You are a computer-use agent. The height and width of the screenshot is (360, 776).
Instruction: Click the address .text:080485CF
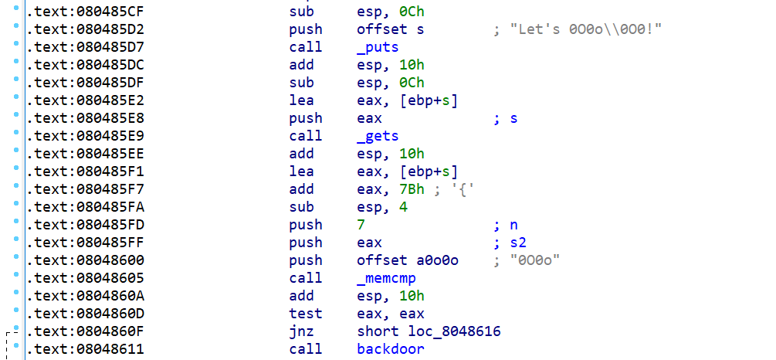click(x=85, y=12)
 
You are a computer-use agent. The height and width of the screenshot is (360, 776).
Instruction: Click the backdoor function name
click(x=390, y=349)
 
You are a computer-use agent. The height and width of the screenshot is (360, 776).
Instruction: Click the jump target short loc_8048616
click(x=429, y=331)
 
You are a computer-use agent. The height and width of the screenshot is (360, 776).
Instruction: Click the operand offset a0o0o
click(x=408, y=260)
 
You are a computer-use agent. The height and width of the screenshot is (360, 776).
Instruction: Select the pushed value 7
click(x=361, y=225)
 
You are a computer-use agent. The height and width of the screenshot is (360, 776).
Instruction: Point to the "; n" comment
click(x=505, y=225)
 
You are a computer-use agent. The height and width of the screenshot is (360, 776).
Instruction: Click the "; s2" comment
click(x=509, y=243)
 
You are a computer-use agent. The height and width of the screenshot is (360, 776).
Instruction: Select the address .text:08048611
click(x=85, y=349)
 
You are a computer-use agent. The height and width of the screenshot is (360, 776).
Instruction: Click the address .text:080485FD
click(x=85, y=225)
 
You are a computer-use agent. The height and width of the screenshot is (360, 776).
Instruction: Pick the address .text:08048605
click(x=85, y=278)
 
